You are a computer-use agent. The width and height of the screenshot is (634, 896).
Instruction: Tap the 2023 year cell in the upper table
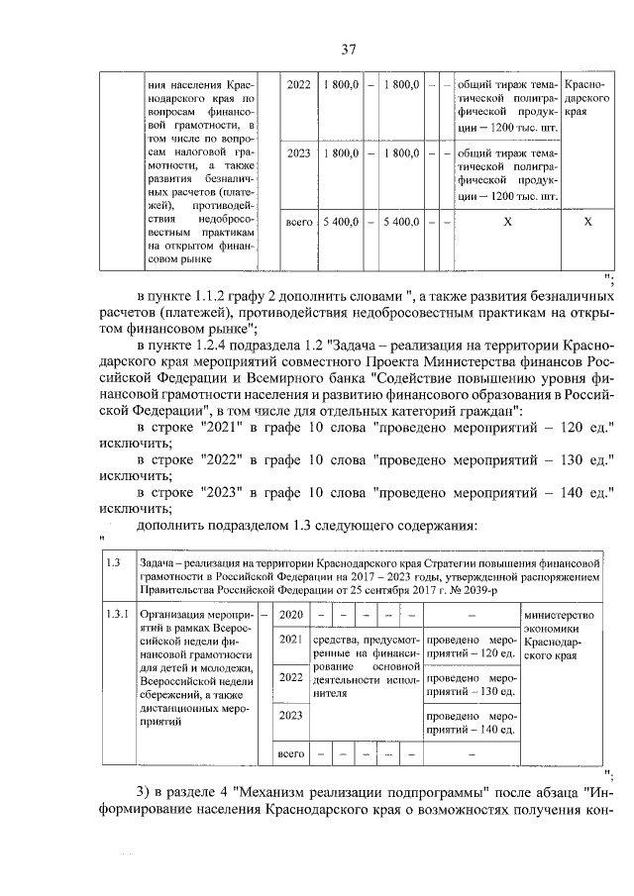pyautogui.click(x=298, y=153)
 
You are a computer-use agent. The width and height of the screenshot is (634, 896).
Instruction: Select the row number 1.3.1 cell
pyautogui.click(x=117, y=615)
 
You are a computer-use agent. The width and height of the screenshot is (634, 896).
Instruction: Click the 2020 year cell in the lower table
pyautogui.click(x=290, y=615)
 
